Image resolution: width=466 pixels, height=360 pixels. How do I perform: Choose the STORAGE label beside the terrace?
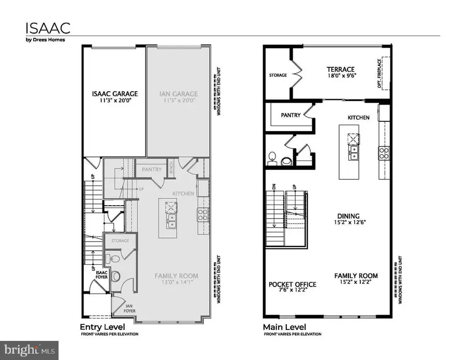[278, 76]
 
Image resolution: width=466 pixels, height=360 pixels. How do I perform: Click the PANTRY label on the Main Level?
[290, 116]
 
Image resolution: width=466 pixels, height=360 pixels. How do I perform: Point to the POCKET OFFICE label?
[292, 284]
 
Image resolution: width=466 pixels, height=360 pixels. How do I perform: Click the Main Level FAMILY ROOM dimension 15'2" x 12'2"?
[356, 283]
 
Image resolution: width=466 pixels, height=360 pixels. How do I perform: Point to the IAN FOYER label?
[129, 310]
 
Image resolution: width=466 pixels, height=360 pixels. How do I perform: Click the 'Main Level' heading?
[284, 327]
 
